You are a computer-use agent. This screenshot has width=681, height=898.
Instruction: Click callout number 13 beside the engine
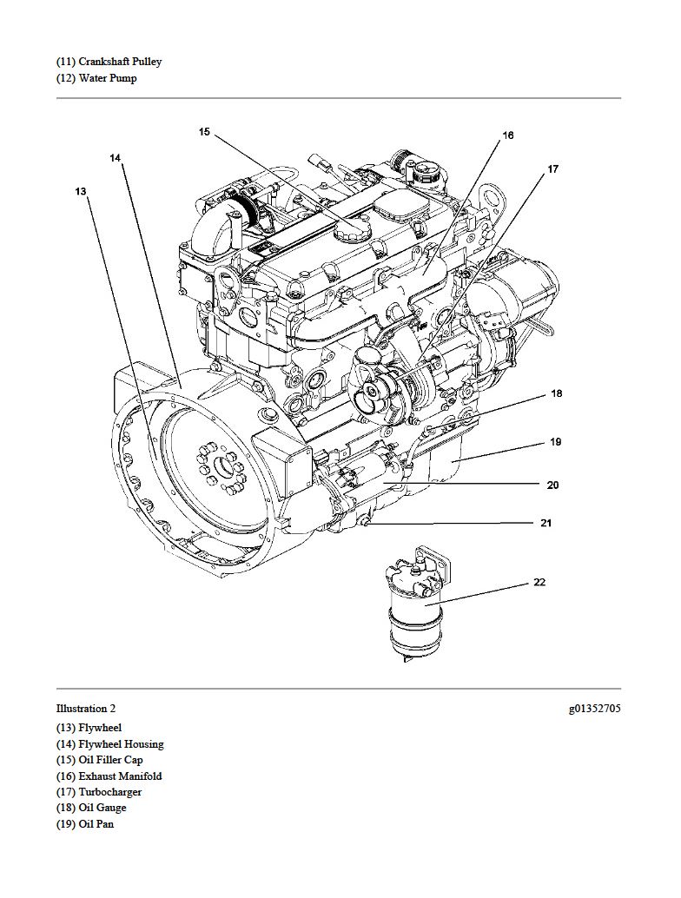point(81,191)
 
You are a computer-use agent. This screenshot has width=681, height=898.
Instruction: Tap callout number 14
point(116,157)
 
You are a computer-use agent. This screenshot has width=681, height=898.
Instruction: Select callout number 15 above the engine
point(204,132)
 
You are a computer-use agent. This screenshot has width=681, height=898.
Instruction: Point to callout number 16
point(508,135)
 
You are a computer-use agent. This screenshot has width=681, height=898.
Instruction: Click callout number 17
point(552,169)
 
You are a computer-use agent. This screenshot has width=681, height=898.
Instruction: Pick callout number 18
point(557,393)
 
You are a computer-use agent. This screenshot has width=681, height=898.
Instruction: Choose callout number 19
point(556,441)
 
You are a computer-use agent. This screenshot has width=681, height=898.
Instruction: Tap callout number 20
point(552,485)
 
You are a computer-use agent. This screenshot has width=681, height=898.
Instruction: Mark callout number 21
point(545,522)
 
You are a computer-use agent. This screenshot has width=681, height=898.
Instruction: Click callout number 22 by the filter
point(539,582)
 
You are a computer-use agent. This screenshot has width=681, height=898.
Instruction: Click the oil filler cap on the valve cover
point(352,230)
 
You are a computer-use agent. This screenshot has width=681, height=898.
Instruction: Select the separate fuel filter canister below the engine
point(416,604)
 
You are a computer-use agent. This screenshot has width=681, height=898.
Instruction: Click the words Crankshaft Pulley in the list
point(120,62)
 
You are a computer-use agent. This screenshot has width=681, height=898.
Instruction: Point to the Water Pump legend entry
point(96,78)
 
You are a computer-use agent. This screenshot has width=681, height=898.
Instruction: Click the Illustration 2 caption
point(86,709)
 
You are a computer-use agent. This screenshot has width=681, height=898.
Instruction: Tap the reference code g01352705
point(594,709)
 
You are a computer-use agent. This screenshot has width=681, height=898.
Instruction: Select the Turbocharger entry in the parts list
point(98,792)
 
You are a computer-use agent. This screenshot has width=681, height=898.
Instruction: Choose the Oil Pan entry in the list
point(85,824)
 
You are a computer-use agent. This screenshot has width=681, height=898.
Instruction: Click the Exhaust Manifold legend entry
point(109,776)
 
